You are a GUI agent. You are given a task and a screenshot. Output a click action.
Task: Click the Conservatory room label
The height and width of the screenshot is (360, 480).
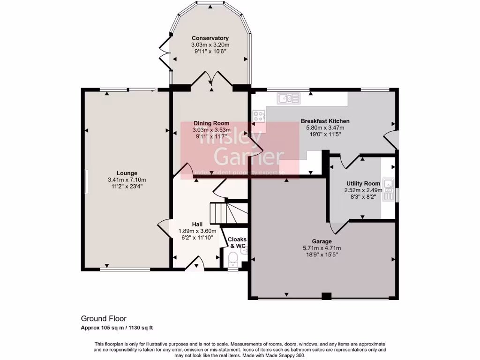210,38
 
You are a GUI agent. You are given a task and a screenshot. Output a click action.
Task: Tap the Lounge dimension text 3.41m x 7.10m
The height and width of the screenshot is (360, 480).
127,180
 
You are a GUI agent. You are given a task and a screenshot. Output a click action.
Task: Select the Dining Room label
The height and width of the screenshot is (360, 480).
211,123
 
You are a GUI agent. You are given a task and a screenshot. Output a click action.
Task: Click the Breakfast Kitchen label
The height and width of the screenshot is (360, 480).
325,121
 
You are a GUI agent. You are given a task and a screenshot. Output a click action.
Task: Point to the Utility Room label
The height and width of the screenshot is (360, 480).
363,183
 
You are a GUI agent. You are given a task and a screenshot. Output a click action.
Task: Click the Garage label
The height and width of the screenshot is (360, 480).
322,242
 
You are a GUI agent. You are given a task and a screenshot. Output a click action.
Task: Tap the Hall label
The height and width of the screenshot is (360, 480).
197,224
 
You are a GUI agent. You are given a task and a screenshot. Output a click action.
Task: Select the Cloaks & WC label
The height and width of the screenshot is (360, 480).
237,242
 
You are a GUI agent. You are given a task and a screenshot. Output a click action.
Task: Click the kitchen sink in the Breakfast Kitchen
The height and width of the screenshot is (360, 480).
288,98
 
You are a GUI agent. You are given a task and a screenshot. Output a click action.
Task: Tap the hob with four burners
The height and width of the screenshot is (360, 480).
258,116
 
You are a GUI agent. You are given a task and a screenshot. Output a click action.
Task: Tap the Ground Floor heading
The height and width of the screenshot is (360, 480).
104,319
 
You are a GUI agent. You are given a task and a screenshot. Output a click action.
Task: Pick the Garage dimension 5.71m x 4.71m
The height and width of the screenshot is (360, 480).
322,248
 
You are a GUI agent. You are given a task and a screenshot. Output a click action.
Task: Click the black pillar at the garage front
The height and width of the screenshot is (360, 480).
327,296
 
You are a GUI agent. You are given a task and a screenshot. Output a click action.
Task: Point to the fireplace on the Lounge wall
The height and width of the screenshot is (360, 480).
86,181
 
